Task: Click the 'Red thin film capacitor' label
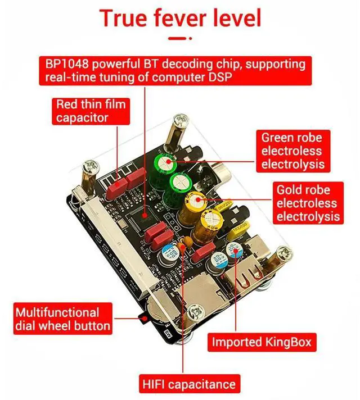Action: (x=91, y=111)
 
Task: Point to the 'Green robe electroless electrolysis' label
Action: (x=292, y=151)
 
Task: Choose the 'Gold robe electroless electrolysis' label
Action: (x=307, y=203)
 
